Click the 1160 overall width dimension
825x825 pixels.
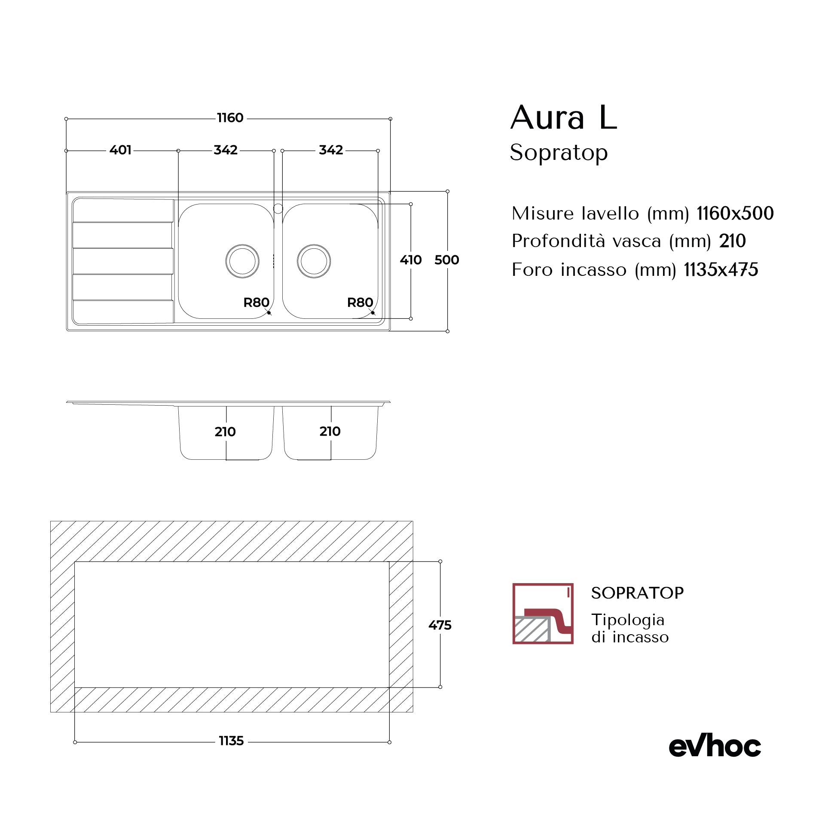230,118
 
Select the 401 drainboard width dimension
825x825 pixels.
120,150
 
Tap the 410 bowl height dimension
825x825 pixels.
410,260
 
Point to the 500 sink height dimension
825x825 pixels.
446,260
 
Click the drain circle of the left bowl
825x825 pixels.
242,261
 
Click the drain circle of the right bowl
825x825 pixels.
314,261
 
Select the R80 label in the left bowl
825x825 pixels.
256,302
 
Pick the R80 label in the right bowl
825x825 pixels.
360,302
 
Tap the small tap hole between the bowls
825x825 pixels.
278,209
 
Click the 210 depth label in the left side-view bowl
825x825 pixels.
225,431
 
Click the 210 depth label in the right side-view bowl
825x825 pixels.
330,431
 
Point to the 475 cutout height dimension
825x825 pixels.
440,625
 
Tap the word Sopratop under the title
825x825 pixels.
559,153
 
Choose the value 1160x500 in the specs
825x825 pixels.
735,213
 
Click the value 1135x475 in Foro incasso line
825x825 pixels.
721,270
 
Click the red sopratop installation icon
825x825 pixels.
543,613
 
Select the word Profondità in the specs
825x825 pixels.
559,241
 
